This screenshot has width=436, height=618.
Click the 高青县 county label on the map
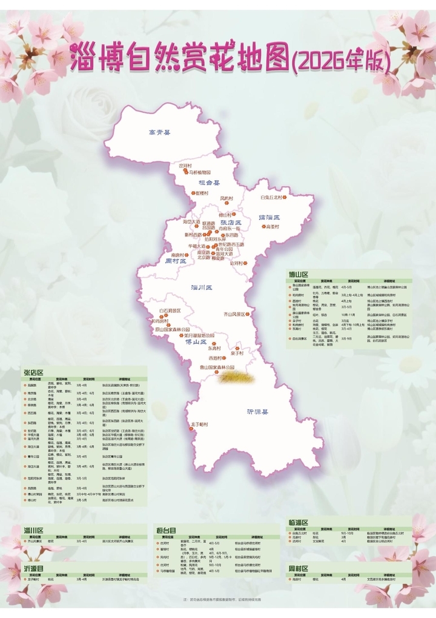pyautogui.click(x=160, y=132)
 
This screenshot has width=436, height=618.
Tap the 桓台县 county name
pyautogui.click(x=209, y=182)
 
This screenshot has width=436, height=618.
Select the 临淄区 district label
pyautogui.click(x=269, y=217)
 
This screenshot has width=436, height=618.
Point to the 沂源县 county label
pyautogui.click(x=257, y=411)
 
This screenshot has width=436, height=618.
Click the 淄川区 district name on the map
pyautogui.click(x=201, y=287)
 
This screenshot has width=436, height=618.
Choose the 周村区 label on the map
pyautogui.click(x=176, y=261)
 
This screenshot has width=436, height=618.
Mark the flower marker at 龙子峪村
pyautogui.click(x=187, y=424)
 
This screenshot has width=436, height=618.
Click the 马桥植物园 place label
pyautogui.click(x=199, y=172)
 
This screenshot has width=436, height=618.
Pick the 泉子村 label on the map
pyautogui.click(x=236, y=352)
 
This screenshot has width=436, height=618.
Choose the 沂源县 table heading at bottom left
pyautogui.click(x=34, y=569)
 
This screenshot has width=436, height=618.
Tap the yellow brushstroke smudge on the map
pyautogui.click(x=236, y=377)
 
